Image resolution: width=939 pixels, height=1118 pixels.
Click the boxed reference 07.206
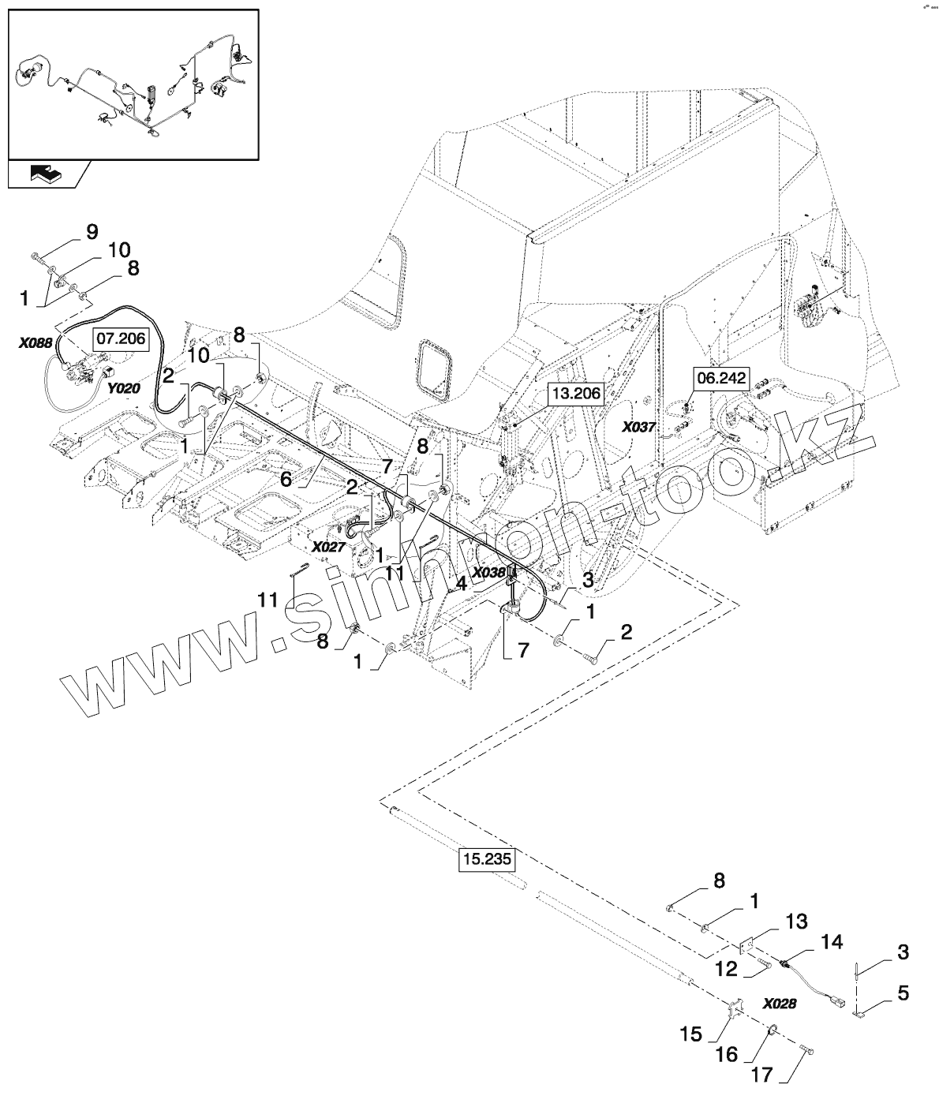point(121,339)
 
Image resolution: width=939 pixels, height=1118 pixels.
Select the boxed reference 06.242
point(719,379)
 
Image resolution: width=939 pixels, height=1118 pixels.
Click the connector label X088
point(36,342)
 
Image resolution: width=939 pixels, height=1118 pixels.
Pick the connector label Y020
point(122,388)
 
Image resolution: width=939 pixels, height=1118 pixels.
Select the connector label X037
point(638,427)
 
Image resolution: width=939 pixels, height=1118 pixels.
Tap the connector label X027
point(328,546)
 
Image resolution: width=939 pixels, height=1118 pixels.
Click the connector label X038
point(488,574)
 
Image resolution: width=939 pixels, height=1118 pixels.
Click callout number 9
point(92,232)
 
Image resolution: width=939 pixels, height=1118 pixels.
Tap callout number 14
point(831,941)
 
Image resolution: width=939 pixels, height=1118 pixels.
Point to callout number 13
point(796,920)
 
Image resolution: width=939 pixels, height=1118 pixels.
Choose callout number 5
point(903,993)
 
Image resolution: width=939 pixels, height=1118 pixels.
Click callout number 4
point(462,586)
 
